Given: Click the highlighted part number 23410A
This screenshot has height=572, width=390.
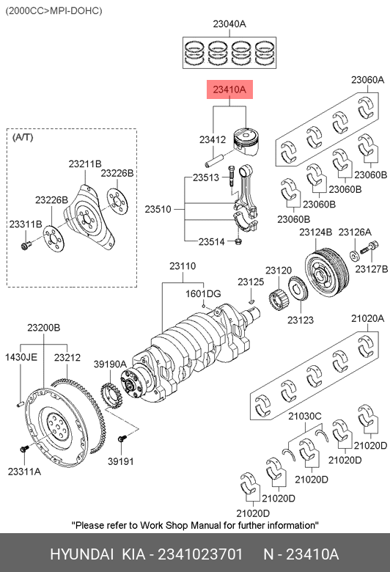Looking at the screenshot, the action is [x=229, y=89].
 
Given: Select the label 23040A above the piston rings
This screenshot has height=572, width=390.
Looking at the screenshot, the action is [x=229, y=24].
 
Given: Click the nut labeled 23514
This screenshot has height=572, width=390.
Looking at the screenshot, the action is [x=238, y=241].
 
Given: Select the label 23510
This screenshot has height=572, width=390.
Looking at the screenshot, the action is [x=158, y=210].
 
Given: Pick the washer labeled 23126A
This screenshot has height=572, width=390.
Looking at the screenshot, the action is [x=354, y=255].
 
